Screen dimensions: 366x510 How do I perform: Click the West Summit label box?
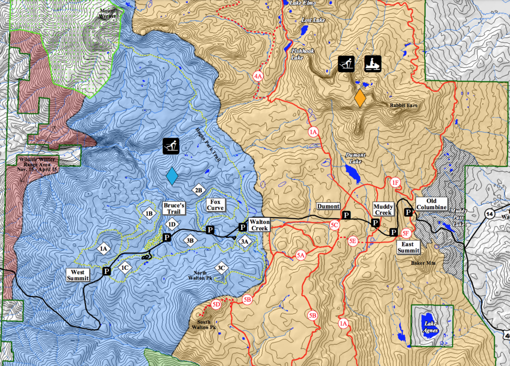pos(78,275)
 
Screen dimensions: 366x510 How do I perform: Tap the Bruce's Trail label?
pos(174,208)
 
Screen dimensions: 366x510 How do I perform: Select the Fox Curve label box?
pos(216,205)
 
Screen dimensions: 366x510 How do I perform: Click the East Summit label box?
pos(408,247)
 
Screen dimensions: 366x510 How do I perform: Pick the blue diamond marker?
pos(172,176)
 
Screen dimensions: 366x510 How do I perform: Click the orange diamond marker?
pos(360,98)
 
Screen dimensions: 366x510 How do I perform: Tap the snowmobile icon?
pos(373,64)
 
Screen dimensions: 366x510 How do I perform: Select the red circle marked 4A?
pos(258,77)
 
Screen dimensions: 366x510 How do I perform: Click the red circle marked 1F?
pos(395,183)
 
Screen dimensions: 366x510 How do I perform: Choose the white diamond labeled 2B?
pos(198,190)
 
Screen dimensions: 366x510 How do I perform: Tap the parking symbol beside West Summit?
pos(106,271)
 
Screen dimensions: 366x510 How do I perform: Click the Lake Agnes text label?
pos(429,326)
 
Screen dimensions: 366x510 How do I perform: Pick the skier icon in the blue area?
pos(172,146)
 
